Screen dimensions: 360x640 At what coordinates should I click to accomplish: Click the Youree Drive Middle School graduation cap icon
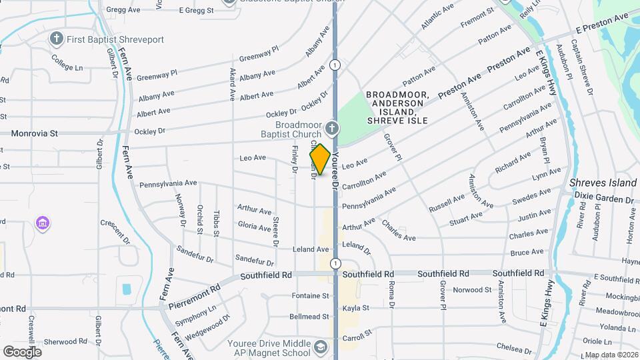pyautogui.click(x=321, y=347)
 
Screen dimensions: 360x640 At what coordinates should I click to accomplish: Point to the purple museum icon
pyautogui.click(x=43, y=221)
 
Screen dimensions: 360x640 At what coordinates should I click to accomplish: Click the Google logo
pyautogui.click(x=22, y=351)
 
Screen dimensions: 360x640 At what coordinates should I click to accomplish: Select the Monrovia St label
pyautogui.click(x=34, y=133)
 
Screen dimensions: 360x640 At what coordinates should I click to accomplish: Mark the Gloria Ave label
pyautogui.click(x=254, y=227)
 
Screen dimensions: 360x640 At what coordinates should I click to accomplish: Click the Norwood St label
pyautogui.click(x=472, y=290)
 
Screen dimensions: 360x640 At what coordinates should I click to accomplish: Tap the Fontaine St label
pyautogui.click(x=311, y=295)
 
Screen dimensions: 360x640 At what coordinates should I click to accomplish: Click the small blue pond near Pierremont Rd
pyautogui.click(x=127, y=289)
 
